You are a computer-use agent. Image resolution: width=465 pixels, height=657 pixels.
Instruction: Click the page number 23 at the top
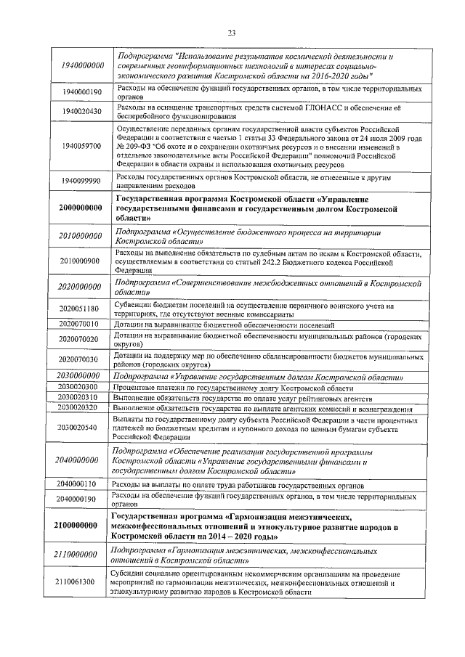click(232, 32)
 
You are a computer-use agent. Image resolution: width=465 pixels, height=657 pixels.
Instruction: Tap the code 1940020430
click(81, 111)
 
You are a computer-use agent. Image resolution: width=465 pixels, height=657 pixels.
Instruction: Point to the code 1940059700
click(81, 146)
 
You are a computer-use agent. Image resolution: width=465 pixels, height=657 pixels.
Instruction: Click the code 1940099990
click(81, 181)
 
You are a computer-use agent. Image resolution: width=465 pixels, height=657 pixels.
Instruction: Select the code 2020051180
click(81, 309)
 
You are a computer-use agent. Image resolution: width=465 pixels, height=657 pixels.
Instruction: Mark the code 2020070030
click(81, 359)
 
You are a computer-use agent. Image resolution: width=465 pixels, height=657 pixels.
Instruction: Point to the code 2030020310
click(81, 398)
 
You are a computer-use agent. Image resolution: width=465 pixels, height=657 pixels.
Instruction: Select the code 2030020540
click(81, 428)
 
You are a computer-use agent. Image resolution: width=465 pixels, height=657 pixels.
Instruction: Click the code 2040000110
click(81, 483)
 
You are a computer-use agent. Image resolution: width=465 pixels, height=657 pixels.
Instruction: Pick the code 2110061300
click(81, 581)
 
